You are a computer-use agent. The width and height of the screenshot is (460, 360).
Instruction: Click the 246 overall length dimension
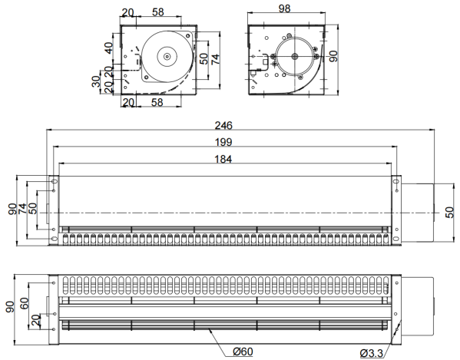[223, 125]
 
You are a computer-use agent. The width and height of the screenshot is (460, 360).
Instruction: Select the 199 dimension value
[223, 142]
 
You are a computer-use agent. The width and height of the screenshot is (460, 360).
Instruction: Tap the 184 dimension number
[223, 159]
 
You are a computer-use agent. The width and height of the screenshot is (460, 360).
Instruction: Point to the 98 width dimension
[284, 8]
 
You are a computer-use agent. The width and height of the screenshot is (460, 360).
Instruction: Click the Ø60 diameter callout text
[243, 352]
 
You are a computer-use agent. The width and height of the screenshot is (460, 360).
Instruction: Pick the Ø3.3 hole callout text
[372, 353]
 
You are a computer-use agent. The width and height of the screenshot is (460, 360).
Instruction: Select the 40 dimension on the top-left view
[109, 48]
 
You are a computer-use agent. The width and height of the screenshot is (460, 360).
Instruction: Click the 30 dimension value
[96, 81]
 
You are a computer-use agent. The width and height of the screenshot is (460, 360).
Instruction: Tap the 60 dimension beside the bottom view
[25, 303]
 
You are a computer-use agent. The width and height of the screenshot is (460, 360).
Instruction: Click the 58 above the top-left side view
[158, 12]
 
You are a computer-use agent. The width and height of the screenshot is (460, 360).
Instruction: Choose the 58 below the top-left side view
[157, 102]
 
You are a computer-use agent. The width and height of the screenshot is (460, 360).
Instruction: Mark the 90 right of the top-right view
[333, 56]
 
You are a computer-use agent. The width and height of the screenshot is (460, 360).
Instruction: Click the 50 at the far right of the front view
[449, 213]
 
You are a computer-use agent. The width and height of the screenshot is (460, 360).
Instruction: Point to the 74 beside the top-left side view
[216, 59]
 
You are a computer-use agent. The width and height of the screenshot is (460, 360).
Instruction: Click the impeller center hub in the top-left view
[167, 56]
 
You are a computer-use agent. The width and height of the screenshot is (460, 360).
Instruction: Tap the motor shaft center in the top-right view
[295, 56]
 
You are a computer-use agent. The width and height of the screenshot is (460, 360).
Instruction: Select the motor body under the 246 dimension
[418, 213]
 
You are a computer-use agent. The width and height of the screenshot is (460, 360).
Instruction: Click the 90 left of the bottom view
[10, 307]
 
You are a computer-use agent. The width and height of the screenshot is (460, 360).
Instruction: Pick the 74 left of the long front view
[22, 209]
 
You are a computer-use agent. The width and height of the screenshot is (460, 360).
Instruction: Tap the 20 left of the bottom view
[35, 320]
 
